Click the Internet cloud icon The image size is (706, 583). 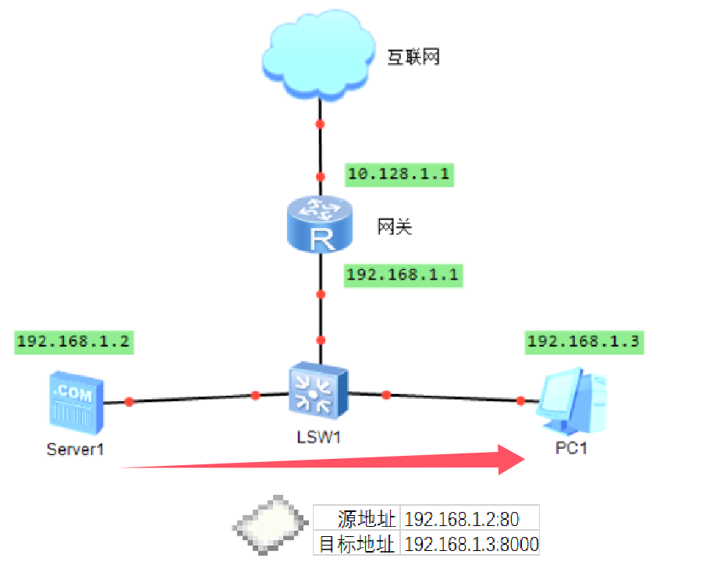click(x=319, y=58)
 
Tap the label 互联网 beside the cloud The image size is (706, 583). click(x=413, y=57)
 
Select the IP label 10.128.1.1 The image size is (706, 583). click(x=398, y=173)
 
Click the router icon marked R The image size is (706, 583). click(x=319, y=225)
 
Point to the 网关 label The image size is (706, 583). click(x=394, y=227)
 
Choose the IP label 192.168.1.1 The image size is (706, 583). click(x=403, y=275)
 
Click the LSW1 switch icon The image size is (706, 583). click(x=318, y=389)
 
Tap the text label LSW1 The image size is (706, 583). click(x=319, y=436)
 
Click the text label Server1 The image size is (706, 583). click(x=75, y=449)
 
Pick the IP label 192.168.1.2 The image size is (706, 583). click(x=73, y=341)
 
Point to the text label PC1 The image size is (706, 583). click(x=571, y=449)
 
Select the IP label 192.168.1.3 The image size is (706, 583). click(x=584, y=341)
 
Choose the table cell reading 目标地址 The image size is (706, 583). click(x=358, y=544)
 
